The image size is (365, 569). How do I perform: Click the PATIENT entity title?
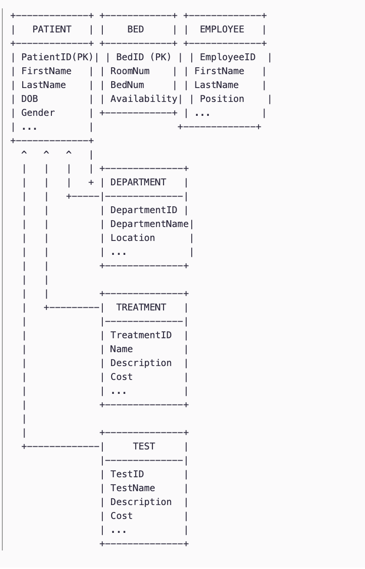click(x=52, y=29)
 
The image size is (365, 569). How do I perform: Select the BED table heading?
click(x=135, y=29)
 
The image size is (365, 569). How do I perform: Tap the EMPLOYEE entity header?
click(x=222, y=29)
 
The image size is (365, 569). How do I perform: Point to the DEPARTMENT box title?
click(x=138, y=182)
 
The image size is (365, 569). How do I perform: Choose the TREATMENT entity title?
click(x=141, y=307)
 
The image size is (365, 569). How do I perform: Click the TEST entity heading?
click(x=144, y=446)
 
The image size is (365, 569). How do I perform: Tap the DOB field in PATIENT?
click(x=30, y=99)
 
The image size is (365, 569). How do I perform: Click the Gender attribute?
click(x=38, y=113)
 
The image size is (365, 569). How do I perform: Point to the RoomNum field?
click(x=130, y=71)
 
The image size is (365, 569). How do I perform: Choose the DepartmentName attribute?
click(x=149, y=224)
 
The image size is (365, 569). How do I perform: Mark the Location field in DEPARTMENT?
click(x=132, y=238)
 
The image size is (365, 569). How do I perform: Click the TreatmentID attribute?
click(x=141, y=335)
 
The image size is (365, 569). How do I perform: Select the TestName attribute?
click(x=132, y=488)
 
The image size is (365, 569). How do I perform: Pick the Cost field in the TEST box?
click(x=121, y=516)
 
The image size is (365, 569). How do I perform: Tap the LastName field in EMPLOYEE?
click(x=216, y=85)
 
